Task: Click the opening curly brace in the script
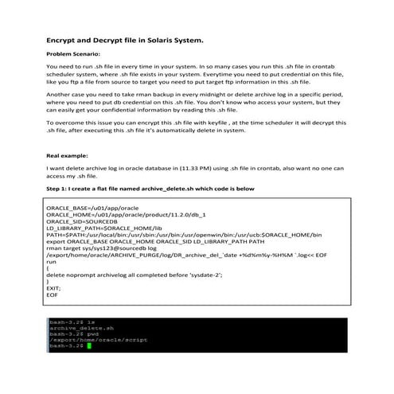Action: (x=49, y=267)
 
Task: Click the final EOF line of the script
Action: (x=53, y=294)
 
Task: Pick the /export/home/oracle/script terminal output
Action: (x=87, y=339)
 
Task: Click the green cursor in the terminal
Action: (x=90, y=346)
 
